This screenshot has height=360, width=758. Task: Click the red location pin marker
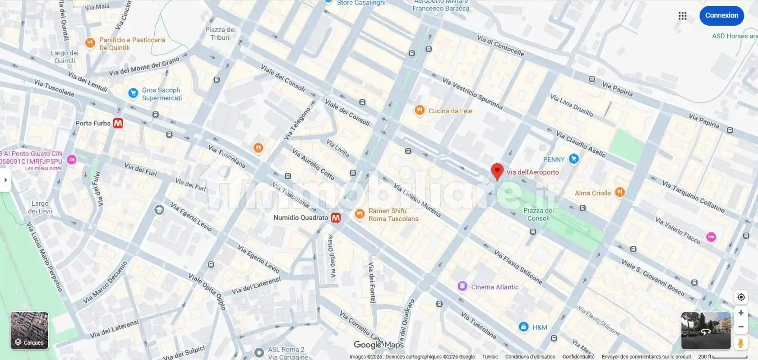coord(497,171)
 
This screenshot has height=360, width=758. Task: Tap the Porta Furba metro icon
coord(118,123)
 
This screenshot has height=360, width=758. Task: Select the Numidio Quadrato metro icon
coord(336,218)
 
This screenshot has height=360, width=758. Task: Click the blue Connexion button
coord(721,15)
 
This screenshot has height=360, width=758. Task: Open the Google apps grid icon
coord(682,16)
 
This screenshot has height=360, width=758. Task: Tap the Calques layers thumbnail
coord(29,331)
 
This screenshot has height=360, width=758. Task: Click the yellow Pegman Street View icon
coord(740,343)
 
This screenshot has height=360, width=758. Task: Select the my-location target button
coord(741,297)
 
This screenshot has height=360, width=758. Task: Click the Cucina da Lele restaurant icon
coord(420,111)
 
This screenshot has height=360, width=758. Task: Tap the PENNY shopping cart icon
coord(573,159)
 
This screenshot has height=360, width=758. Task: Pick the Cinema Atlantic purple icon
coord(462,286)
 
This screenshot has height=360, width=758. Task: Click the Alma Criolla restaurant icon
coord(620,193)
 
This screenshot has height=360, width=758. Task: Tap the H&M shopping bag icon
coord(523,327)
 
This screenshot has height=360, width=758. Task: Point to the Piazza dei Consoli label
coord(538,214)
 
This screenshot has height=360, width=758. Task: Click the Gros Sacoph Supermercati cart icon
coord(133,93)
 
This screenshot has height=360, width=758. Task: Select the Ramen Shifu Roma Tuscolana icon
coord(360,214)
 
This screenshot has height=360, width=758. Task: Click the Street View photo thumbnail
coord(706,331)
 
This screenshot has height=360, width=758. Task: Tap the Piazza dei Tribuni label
coord(220,33)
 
